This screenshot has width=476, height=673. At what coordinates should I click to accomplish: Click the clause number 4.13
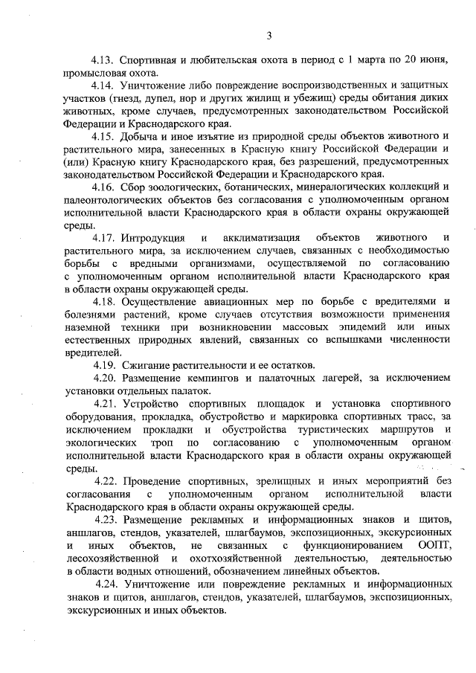point(103,58)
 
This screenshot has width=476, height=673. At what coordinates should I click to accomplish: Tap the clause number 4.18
point(104,300)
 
